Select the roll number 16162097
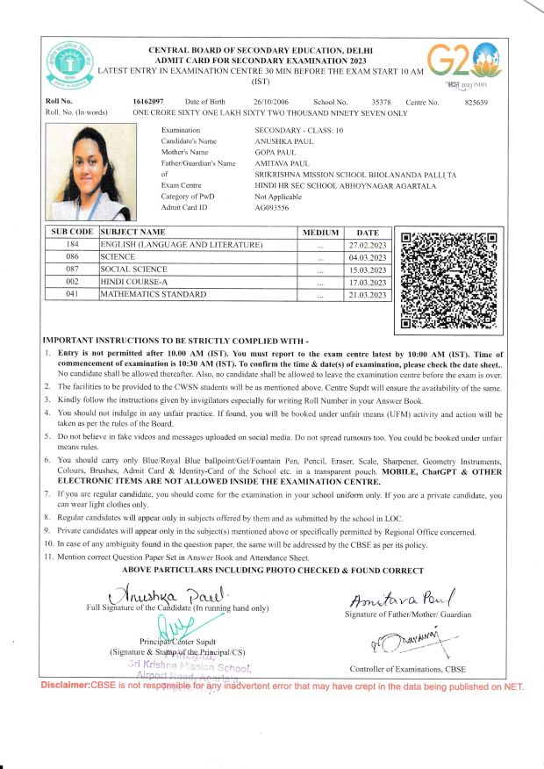click(149, 103)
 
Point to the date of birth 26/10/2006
click(271, 103)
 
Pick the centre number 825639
click(476, 103)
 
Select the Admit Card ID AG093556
click(271, 206)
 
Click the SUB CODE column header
click(72, 232)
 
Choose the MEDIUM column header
click(320, 232)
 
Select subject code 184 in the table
click(72, 244)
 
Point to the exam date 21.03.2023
click(367, 296)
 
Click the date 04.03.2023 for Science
click(367, 257)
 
